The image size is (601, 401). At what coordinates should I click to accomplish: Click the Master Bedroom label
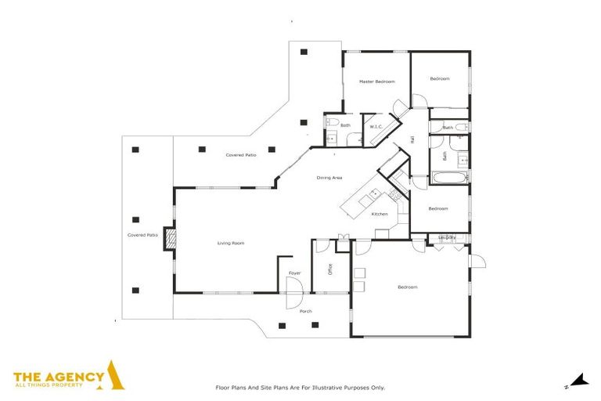(x=376, y=81)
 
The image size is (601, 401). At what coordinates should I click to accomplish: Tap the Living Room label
(x=231, y=244)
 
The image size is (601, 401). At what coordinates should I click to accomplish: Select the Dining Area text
(x=329, y=178)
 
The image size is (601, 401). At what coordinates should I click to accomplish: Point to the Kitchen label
(x=380, y=214)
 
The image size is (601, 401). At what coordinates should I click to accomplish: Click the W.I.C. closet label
(x=376, y=126)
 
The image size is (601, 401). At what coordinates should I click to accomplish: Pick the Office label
(x=330, y=269)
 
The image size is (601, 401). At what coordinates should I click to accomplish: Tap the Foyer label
(x=294, y=273)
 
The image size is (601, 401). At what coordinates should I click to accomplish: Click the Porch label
(x=306, y=311)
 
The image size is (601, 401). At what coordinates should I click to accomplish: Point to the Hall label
(x=412, y=139)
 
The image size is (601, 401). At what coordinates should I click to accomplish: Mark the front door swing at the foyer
(x=293, y=298)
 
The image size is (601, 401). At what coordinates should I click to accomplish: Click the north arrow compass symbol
(x=578, y=381)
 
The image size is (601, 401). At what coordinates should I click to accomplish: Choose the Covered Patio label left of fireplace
(x=142, y=235)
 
